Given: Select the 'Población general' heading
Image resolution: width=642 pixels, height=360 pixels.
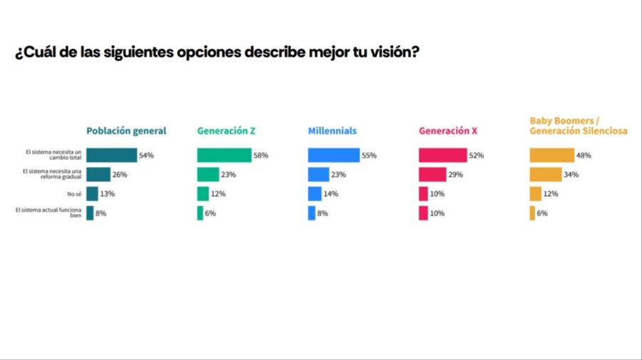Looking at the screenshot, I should click(126, 131).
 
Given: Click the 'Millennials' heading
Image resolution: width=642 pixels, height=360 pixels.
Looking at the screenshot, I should click(332, 131).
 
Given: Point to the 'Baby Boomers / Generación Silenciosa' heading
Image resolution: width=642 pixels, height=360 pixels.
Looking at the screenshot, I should click(579, 126).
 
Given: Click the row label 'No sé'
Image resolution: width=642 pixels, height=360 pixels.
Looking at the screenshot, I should click(74, 194).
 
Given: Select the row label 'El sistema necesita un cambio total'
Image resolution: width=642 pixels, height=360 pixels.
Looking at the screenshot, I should click(54, 155).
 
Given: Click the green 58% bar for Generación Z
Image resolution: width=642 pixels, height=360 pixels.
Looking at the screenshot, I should click(224, 155).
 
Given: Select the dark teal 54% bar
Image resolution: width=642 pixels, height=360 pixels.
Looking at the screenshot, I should click(111, 155).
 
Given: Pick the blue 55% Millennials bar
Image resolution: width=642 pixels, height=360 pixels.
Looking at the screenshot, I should click(334, 155).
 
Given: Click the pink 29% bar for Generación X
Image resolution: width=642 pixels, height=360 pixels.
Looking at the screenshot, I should click(432, 175).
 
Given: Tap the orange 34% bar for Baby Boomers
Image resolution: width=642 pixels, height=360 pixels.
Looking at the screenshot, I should click(546, 175).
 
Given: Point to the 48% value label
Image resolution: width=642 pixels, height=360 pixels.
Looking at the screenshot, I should click(584, 155).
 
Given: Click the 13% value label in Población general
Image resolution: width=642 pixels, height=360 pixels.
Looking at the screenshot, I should click(108, 194).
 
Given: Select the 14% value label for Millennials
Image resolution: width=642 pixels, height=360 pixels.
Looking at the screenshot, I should click(330, 194).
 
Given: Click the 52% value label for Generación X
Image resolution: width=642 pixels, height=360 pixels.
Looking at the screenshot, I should click(475, 155).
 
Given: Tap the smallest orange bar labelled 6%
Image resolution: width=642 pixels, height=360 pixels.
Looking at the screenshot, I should click(532, 213).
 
